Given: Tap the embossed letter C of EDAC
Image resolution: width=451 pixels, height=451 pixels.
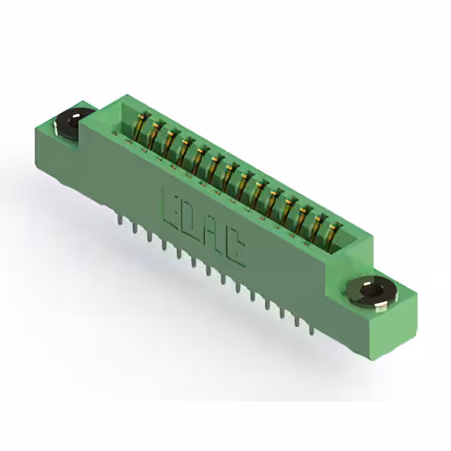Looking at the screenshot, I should (237, 251).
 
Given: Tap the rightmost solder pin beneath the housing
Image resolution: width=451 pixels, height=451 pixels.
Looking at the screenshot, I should (308, 324).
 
